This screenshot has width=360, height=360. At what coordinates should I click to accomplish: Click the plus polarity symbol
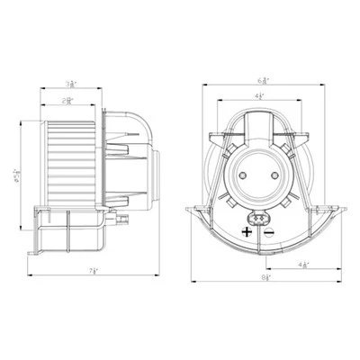245,231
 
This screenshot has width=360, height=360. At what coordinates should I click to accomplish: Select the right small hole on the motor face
267,168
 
